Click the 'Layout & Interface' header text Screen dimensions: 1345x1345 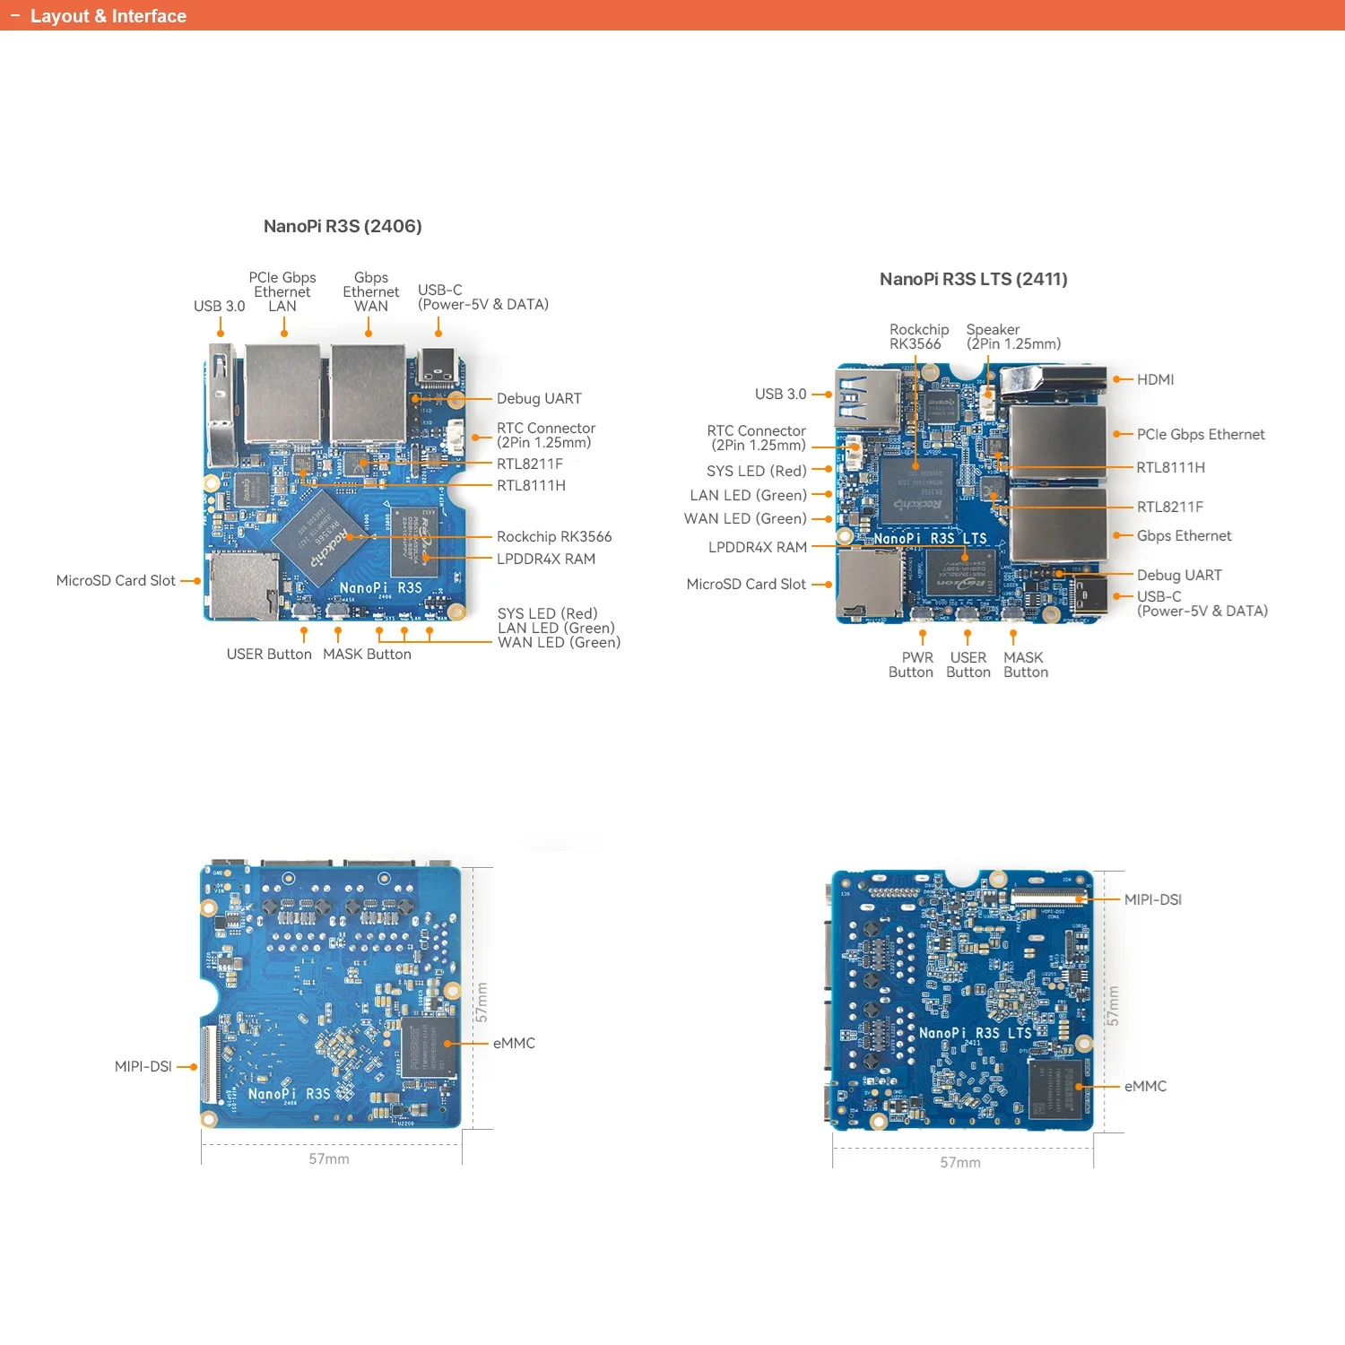[108, 16]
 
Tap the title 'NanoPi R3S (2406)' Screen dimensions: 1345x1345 [343, 226]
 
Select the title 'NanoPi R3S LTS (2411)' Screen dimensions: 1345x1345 [973, 279]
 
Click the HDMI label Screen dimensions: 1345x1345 [1155, 379]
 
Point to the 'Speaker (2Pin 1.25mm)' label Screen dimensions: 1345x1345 [1013, 337]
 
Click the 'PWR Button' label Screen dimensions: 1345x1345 [912, 664]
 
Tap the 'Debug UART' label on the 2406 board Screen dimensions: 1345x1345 [539, 398]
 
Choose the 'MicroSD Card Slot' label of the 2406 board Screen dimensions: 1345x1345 [116, 580]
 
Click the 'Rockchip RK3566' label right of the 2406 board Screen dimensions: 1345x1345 [553, 536]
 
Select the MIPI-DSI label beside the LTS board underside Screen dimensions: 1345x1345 [1152, 899]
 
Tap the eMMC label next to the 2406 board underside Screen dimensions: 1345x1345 [514, 1043]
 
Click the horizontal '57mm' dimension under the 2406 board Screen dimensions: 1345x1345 [329, 1158]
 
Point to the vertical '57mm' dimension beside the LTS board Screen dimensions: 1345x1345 [1113, 1006]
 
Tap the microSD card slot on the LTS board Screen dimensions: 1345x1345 [869, 584]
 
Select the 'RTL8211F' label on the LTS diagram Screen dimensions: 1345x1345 [1169, 507]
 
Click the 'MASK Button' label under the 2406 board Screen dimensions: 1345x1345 [367, 655]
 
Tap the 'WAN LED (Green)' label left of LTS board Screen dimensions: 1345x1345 [745, 518]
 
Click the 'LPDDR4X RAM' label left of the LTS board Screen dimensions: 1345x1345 [757, 547]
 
